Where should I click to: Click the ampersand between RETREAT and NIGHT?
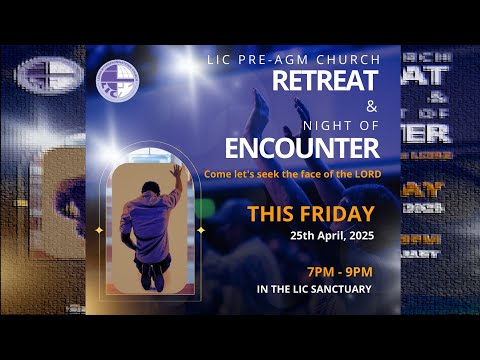[x=372, y=106]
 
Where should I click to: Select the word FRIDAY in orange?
[x=338, y=214]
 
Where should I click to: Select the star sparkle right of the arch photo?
[x=200, y=230]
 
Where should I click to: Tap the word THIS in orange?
[x=272, y=214]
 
